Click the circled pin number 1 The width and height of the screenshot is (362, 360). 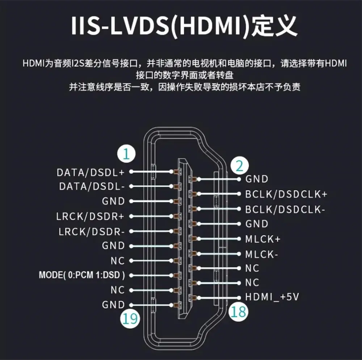(126, 154)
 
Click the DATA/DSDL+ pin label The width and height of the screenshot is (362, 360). (90, 172)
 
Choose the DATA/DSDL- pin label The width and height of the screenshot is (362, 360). (92, 187)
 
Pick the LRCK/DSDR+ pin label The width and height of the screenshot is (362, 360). (90, 216)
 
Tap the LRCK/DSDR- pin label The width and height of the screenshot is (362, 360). (92, 232)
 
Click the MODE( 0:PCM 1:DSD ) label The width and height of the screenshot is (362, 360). (82, 275)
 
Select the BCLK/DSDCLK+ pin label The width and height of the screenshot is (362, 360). (286, 194)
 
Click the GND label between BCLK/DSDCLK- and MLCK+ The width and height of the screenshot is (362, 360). (257, 224)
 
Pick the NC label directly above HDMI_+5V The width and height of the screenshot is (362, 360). (252, 283)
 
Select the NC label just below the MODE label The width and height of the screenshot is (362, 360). (118, 290)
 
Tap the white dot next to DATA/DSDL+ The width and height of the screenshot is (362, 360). (131, 172)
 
